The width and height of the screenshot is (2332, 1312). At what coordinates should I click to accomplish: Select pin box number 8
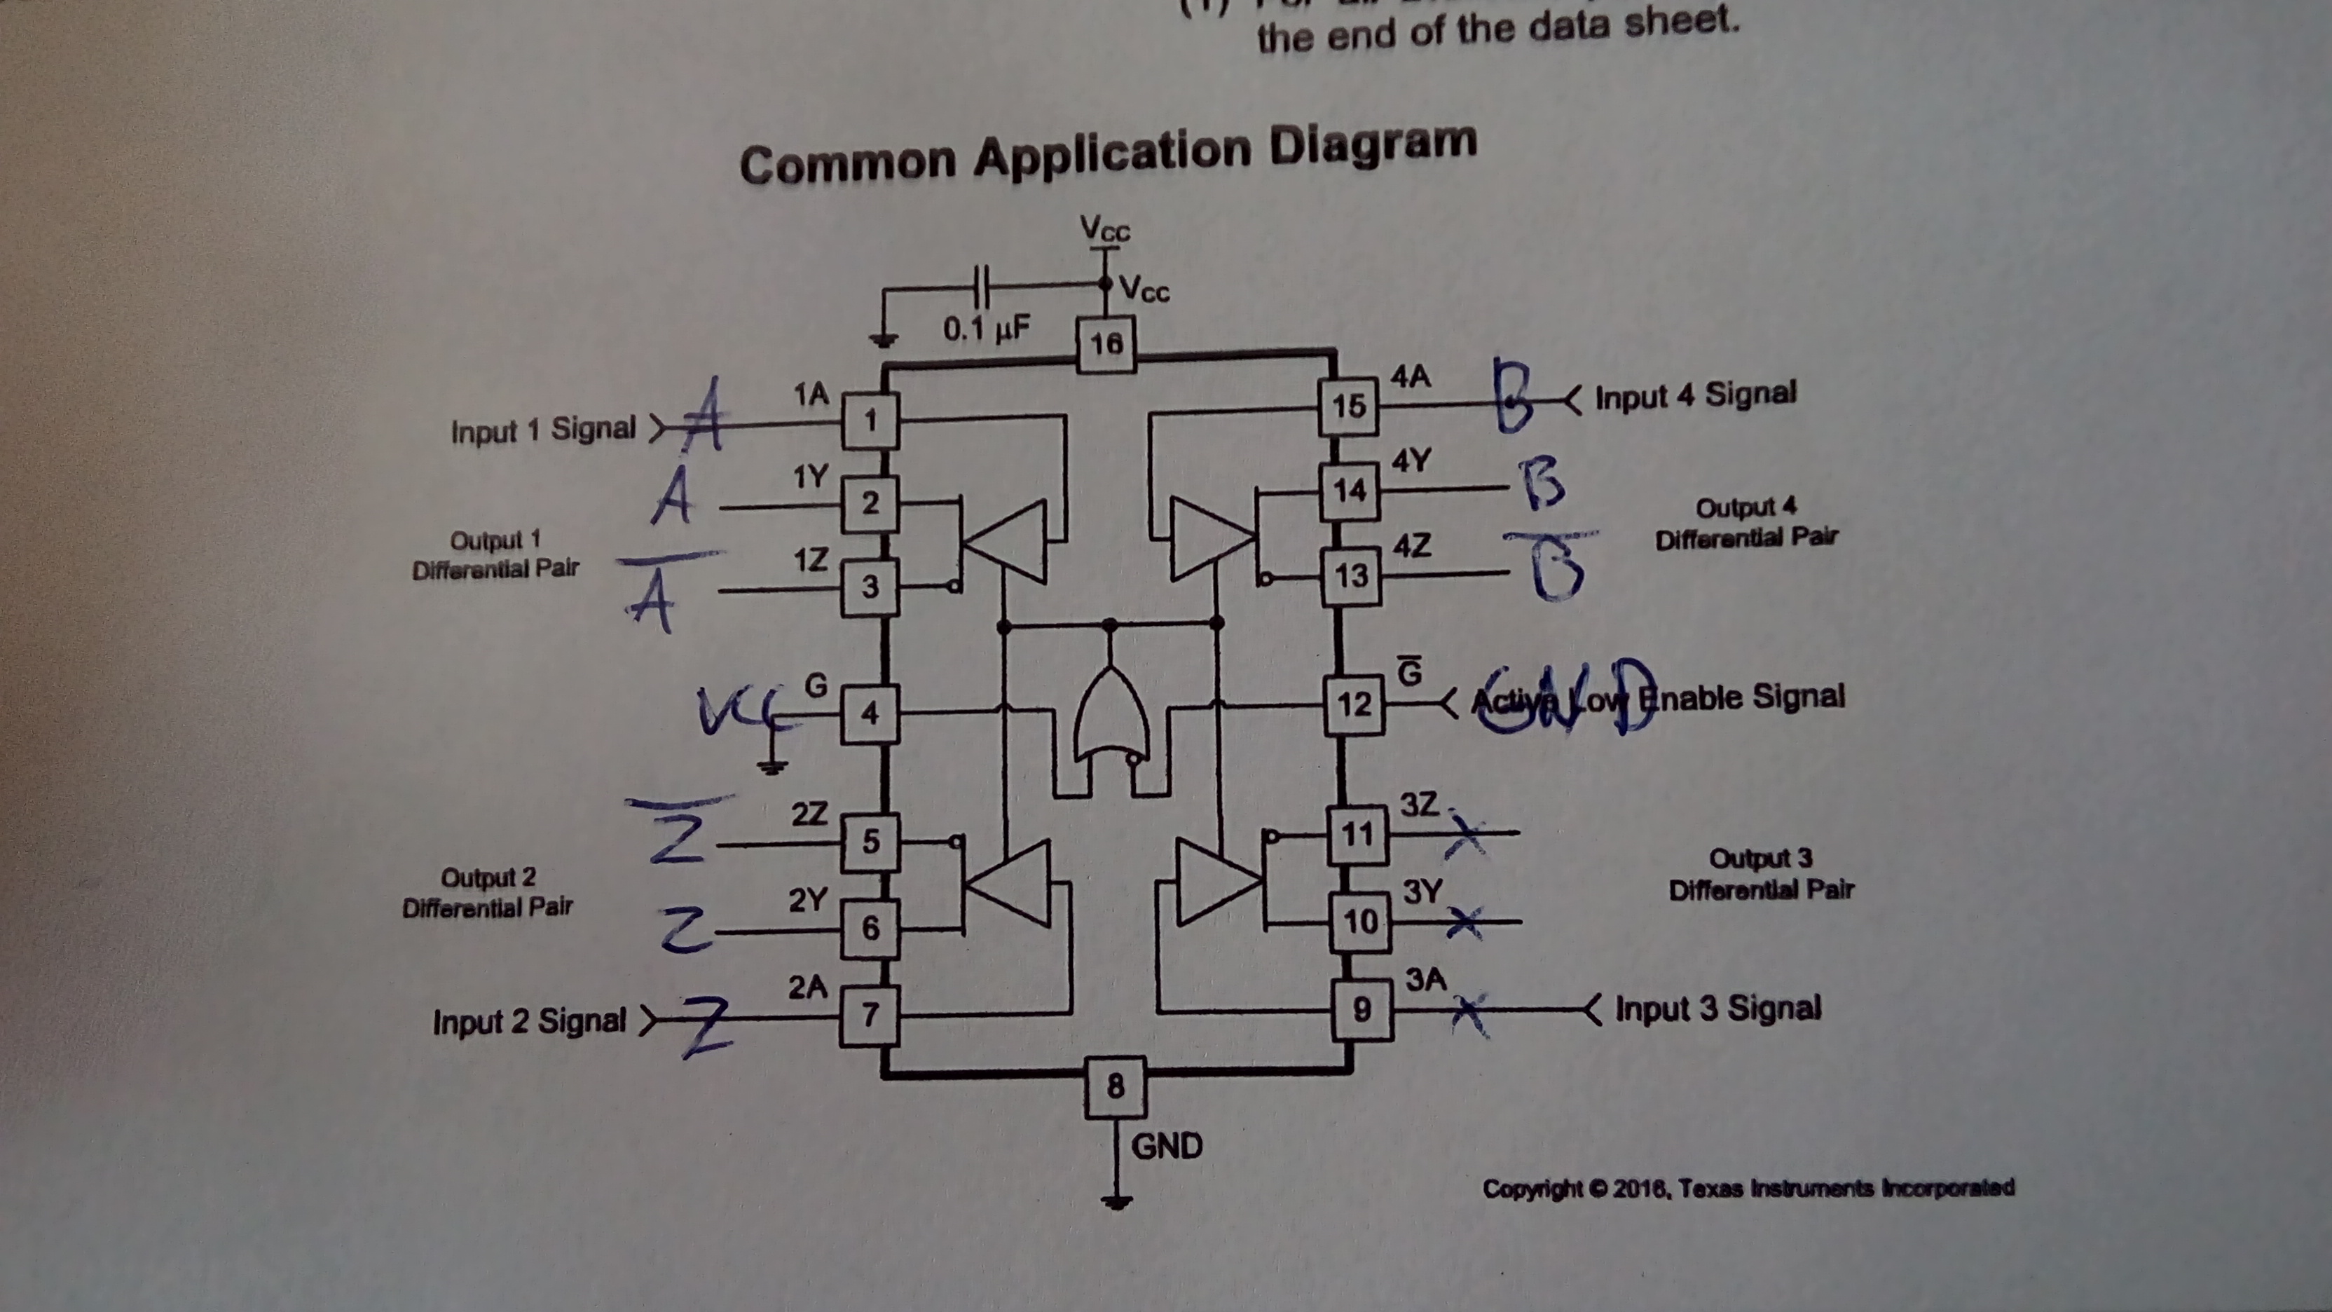pyautogui.click(x=1116, y=1086)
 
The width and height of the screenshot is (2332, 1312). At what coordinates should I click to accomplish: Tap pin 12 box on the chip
pyautogui.click(x=1354, y=704)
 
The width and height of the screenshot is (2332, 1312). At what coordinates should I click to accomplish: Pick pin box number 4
pyautogui.click(x=869, y=713)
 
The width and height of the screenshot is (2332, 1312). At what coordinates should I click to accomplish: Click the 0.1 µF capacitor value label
pyautogui.click(x=986, y=329)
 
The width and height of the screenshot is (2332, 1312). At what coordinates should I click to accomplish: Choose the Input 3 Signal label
pyautogui.click(x=1718, y=1008)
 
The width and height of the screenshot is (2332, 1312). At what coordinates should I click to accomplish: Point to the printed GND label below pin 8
pyautogui.click(x=1167, y=1147)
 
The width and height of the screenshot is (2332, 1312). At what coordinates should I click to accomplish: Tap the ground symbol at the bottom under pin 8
pyautogui.click(x=1117, y=1201)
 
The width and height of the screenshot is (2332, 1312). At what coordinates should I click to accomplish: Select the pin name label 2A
pyautogui.click(x=807, y=987)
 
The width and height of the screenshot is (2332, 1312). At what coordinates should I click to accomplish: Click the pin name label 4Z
pyautogui.click(x=1411, y=546)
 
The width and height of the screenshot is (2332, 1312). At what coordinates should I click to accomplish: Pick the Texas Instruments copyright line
pyautogui.click(x=1747, y=1188)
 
